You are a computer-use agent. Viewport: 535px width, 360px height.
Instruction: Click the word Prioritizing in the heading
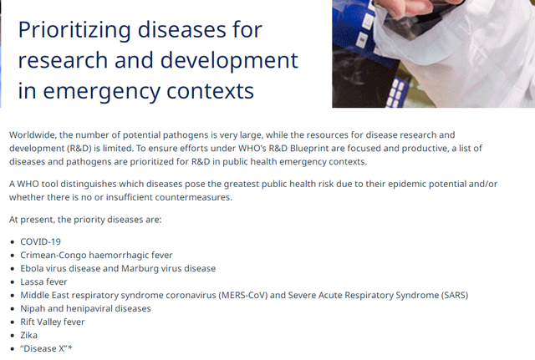click(74, 30)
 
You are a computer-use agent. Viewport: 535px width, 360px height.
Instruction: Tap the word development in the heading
click(229, 60)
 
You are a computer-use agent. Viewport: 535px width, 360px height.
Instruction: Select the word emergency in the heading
click(102, 91)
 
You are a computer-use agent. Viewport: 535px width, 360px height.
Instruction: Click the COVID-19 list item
click(41, 241)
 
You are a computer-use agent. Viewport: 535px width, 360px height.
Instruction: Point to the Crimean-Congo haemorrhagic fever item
click(96, 255)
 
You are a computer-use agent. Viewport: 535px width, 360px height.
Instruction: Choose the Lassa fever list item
click(43, 281)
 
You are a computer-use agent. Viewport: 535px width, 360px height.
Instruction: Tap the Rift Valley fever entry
click(52, 322)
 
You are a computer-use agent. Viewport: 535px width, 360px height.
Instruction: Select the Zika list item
click(28, 335)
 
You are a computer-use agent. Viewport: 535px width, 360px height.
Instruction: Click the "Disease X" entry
click(47, 348)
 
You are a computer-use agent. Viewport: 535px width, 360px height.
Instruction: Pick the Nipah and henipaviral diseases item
click(85, 308)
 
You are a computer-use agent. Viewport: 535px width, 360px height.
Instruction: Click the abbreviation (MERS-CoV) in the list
click(242, 295)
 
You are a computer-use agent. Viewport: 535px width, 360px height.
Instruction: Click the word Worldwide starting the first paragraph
click(33, 135)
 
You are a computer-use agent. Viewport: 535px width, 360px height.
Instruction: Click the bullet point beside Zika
click(13, 336)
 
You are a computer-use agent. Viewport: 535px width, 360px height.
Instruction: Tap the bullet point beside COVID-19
click(13, 242)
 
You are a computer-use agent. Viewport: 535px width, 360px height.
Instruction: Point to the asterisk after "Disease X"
click(70, 347)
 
